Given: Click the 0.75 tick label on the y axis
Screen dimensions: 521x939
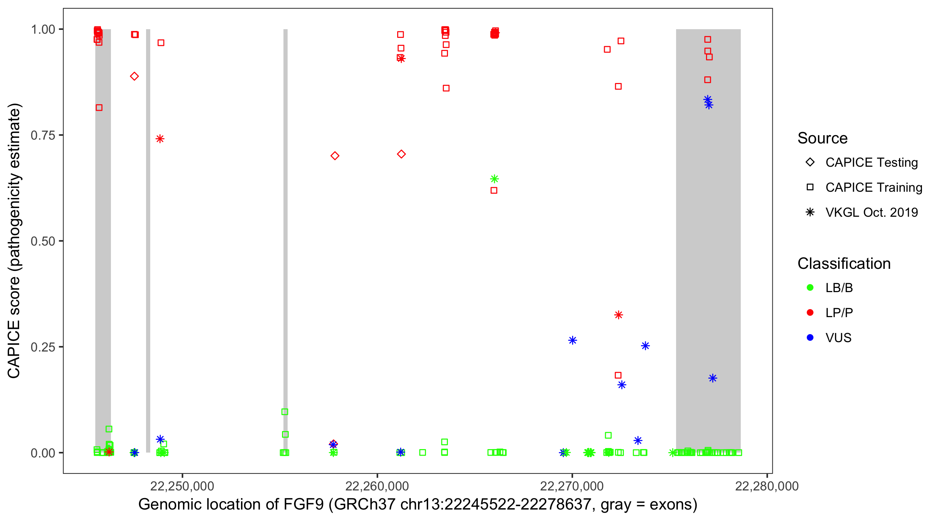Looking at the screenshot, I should pos(42,135).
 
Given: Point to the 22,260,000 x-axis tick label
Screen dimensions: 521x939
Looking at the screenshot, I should pos(377,486).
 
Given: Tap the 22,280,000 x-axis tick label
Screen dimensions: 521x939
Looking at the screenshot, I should pos(767,486).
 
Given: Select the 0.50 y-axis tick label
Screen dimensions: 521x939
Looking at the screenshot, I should pos(42,241).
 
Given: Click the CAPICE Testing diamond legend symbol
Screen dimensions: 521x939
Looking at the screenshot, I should pos(810,163).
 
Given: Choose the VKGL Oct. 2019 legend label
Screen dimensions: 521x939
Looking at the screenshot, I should pos(872,212).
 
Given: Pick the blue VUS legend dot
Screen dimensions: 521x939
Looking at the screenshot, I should pos(810,338).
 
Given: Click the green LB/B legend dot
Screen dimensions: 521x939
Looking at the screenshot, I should pos(810,288).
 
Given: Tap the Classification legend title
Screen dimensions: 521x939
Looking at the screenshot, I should pos(844,264).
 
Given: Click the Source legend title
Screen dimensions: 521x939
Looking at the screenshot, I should pos(822,138).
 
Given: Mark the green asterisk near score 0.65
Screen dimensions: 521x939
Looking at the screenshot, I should pos(494,179).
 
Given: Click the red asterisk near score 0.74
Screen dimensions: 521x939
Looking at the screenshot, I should pos(160,139).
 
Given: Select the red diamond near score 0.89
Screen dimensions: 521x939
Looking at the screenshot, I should pos(134,76).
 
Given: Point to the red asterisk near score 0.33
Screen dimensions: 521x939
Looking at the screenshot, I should pos(618,315).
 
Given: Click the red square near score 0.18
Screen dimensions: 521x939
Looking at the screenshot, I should pos(618,375).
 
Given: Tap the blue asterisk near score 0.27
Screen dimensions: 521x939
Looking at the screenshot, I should pos(572,340).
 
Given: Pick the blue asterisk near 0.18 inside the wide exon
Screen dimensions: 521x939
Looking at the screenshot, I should pos(713,378).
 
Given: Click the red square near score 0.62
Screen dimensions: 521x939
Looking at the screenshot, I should pos(494,190).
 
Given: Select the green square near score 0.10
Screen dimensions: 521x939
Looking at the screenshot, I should pos(285,412).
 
